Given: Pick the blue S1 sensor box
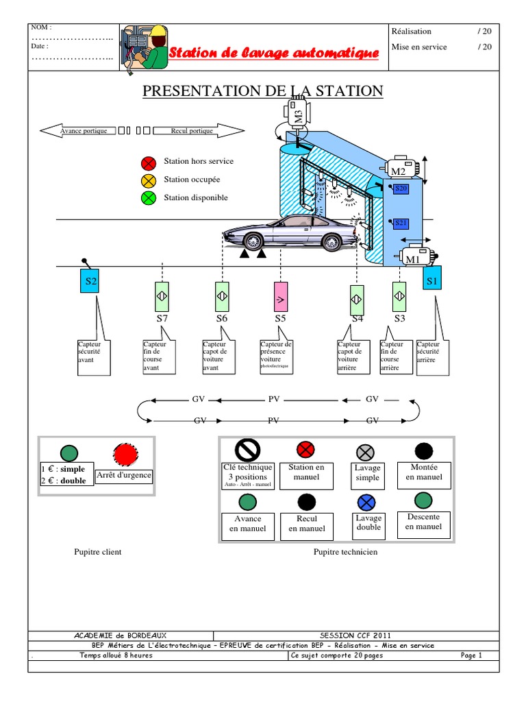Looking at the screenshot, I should [x=431, y=280].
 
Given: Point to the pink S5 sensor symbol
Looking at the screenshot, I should [x=280, y=299].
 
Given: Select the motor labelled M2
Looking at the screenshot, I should [x=403, y=169].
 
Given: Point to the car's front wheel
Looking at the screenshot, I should [x=253, y=241].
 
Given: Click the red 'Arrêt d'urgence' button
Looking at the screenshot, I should [x=125, y=455].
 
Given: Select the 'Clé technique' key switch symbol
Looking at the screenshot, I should [x=247, y=450].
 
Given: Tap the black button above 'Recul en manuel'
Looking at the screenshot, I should [x=307, y=501].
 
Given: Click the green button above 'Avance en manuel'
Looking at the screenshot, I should [x=247, y=501].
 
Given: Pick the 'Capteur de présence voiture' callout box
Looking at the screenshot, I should [x=277, y=356].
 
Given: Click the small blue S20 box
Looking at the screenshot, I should [x=401, y=189].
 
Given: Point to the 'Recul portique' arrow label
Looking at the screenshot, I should [x=192, y=131].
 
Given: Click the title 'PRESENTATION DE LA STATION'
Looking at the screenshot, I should [x=263, y=91].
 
